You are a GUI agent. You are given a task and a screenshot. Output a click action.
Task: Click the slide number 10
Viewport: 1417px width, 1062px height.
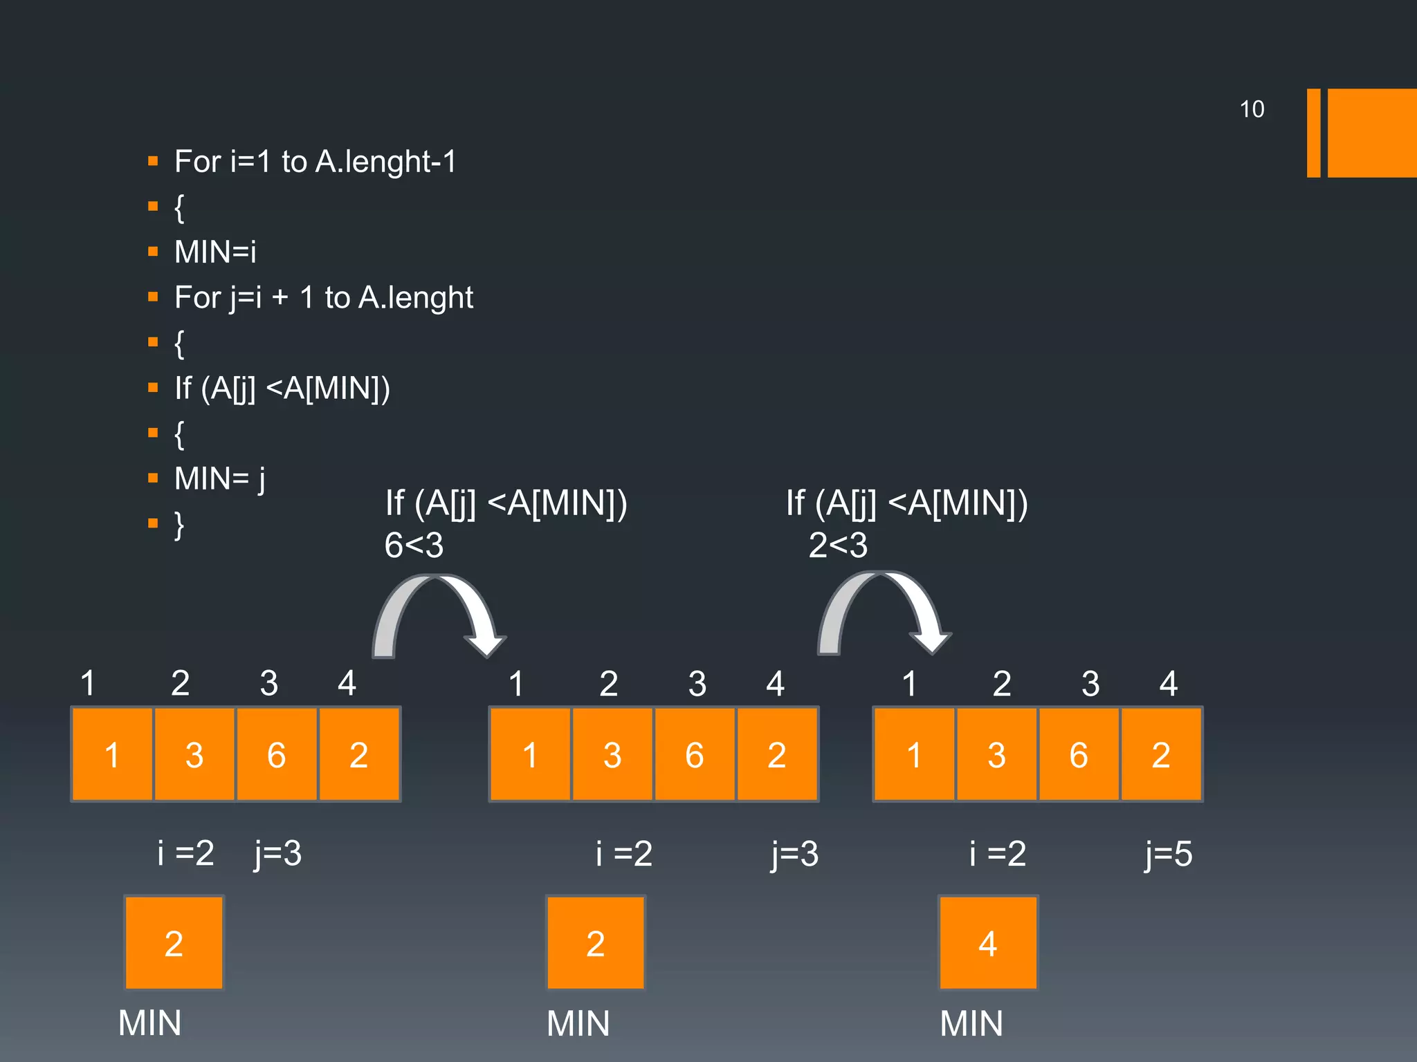click(x=1251, y=109)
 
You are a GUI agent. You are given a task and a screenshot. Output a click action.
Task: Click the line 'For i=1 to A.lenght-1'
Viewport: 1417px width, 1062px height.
click(x=315, y=162)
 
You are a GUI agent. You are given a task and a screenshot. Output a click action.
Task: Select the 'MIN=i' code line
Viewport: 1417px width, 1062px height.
click(x=215, y=252)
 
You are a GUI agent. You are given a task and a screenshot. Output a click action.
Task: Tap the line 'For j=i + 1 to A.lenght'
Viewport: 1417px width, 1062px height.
click(x=323, y=298)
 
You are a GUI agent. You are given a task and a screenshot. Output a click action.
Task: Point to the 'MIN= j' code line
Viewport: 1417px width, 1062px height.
click(x=219, y=478)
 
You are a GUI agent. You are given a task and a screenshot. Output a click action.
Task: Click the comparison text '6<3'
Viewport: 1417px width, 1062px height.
click(x=414, y=546)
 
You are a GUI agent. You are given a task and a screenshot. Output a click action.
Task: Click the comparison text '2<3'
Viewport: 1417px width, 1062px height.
click(x=838, y=546)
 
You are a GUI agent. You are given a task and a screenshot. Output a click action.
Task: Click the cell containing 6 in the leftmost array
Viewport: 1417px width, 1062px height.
click(x=277, y=754)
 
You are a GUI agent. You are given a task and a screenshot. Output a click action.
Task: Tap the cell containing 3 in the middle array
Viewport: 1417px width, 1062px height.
click(x=612, y=754)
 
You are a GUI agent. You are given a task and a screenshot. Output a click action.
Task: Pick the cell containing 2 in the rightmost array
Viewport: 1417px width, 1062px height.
click(x=1161, y=754)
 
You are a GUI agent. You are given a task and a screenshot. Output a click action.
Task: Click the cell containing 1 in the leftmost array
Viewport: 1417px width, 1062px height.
click(x=112, y=754)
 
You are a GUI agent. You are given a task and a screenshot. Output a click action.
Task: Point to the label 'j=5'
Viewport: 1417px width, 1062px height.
click(x=1168, y=854)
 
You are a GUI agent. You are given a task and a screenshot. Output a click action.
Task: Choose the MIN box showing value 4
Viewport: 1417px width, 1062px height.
click(x=987, y=943)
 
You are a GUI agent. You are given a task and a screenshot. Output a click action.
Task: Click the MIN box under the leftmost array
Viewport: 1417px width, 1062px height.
click(x=174, y=943)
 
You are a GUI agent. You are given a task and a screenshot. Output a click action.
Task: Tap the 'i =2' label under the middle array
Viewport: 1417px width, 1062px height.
click(x=624, y=854)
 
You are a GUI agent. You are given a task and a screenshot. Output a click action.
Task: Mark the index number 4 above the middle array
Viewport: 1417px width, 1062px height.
click(x=775, y=684)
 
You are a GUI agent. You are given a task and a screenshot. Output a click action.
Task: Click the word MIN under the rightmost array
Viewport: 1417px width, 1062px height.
click(x=971, y=1023)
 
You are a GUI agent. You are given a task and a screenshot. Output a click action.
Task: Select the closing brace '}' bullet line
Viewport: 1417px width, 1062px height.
click(x=179, y=524)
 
